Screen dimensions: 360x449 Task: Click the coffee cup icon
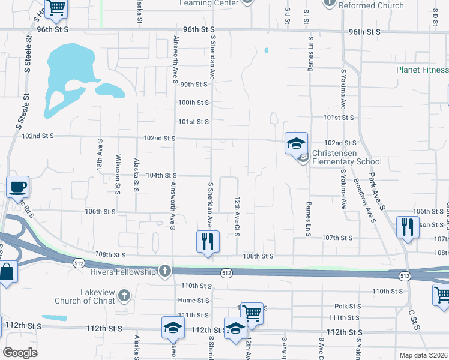18,187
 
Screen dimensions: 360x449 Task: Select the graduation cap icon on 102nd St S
296,143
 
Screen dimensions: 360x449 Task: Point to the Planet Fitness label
422,70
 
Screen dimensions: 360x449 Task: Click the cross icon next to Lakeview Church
124,295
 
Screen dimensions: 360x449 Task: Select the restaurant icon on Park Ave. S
407,227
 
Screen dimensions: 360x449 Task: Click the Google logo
20,353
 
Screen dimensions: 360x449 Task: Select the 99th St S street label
194,85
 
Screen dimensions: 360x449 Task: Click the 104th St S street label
161,175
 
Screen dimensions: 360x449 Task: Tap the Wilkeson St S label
118,172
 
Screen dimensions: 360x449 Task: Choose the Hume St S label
193,300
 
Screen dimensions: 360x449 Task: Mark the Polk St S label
347,306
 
